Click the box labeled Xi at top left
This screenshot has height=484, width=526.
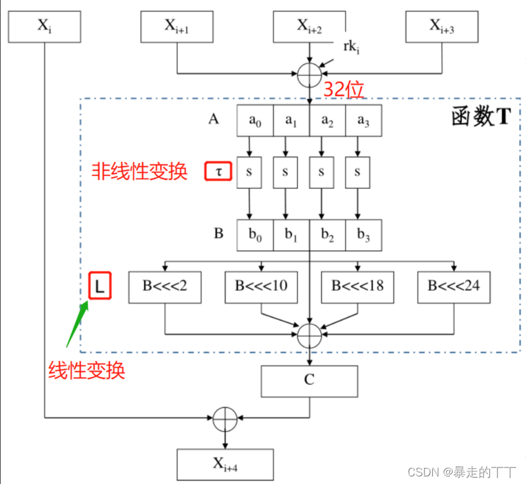point(44,27)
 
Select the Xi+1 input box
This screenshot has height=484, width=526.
point(176,27)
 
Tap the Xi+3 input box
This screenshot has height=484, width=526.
point(442,27)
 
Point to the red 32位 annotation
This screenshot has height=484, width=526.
point(343,90)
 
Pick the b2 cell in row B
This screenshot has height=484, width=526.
point(327,236)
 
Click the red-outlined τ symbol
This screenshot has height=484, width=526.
point(219,171)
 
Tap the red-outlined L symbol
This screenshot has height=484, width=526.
point(100,286)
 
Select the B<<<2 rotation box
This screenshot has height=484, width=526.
point(165,286)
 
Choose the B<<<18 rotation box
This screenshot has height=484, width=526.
point(357,286)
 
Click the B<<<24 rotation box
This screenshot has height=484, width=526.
point(454,286)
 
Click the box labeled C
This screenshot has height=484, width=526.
point(309,381)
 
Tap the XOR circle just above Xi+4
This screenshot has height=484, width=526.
point(224,418)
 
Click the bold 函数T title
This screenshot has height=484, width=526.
point(480,118)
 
